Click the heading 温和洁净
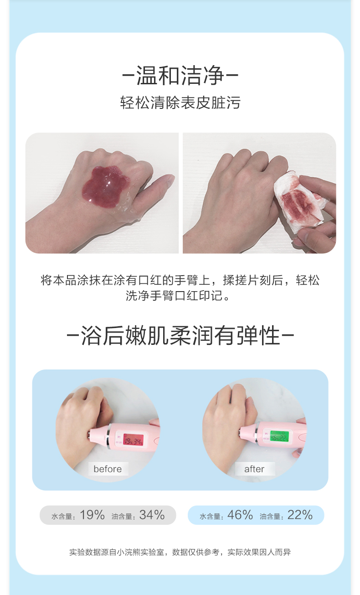[180, 76]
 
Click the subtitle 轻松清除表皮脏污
[180, 103]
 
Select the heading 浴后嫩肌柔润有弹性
[180, 335]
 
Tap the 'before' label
[108, 469]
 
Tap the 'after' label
[254, 469]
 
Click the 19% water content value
[92, 515]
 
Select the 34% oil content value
[152, 515]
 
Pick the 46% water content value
[240, 515]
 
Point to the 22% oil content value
[300, 515]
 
